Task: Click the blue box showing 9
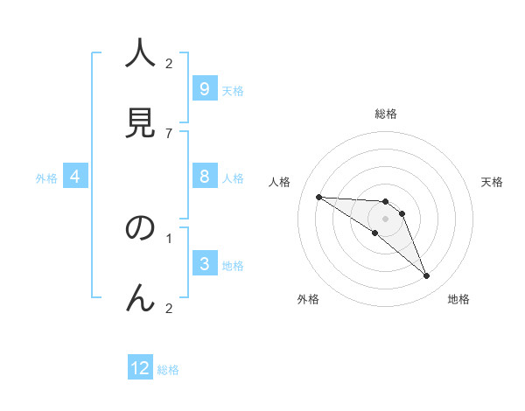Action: tap(204, 89)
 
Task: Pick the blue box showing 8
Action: tap(204, 177)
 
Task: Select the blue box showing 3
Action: tap(204, 264)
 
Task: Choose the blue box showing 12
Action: tap(140, 368)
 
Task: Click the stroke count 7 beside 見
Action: tap(169, 133)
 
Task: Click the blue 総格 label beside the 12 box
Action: tap(168, 370)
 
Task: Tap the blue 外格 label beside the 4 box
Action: tap(46, 178)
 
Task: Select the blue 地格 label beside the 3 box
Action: tap(233, 266)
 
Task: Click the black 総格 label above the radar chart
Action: tap(385, 114)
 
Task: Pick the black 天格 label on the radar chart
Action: tap(492, 182)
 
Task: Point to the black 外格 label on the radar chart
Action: tap(307, 299)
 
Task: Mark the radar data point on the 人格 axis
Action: tap(318, 197)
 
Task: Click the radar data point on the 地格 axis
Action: tap(426, 276)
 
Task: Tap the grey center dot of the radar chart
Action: tap(385, 218)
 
